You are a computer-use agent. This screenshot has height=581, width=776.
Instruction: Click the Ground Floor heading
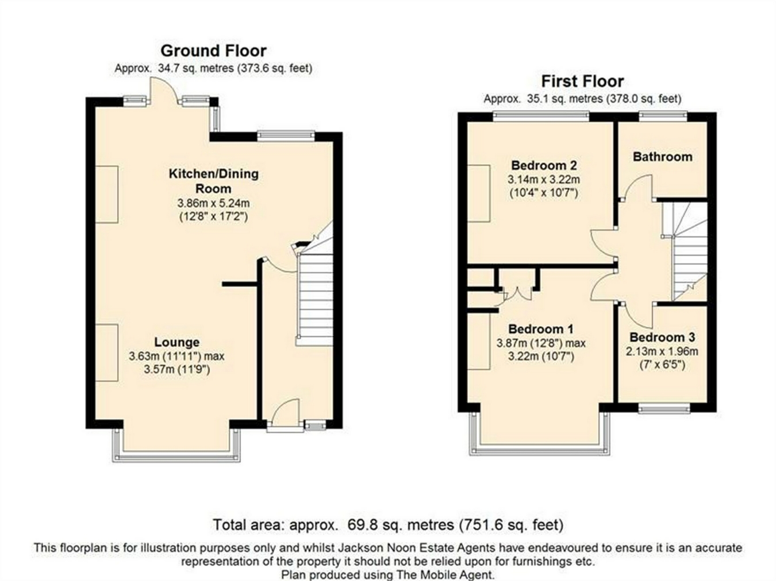tap(213, 51)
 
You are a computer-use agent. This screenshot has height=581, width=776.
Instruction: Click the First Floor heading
tap(583, 82)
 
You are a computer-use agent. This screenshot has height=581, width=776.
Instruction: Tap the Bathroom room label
tap(663, 157)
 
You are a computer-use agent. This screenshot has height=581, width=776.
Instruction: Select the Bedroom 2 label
tap(544, 165)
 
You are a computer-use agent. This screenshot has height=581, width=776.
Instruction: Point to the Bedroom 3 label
tap(662, 338)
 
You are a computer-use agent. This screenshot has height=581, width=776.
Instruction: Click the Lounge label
tap(177, 342)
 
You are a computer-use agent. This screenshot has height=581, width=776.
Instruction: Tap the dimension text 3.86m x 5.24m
tap(213, 203)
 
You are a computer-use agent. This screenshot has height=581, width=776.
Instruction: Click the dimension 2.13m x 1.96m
tap(662, 352)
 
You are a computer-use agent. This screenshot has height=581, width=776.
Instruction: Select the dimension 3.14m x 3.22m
tap(544, 180)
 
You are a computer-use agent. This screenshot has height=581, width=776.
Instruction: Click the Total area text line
tap(388, 525)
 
